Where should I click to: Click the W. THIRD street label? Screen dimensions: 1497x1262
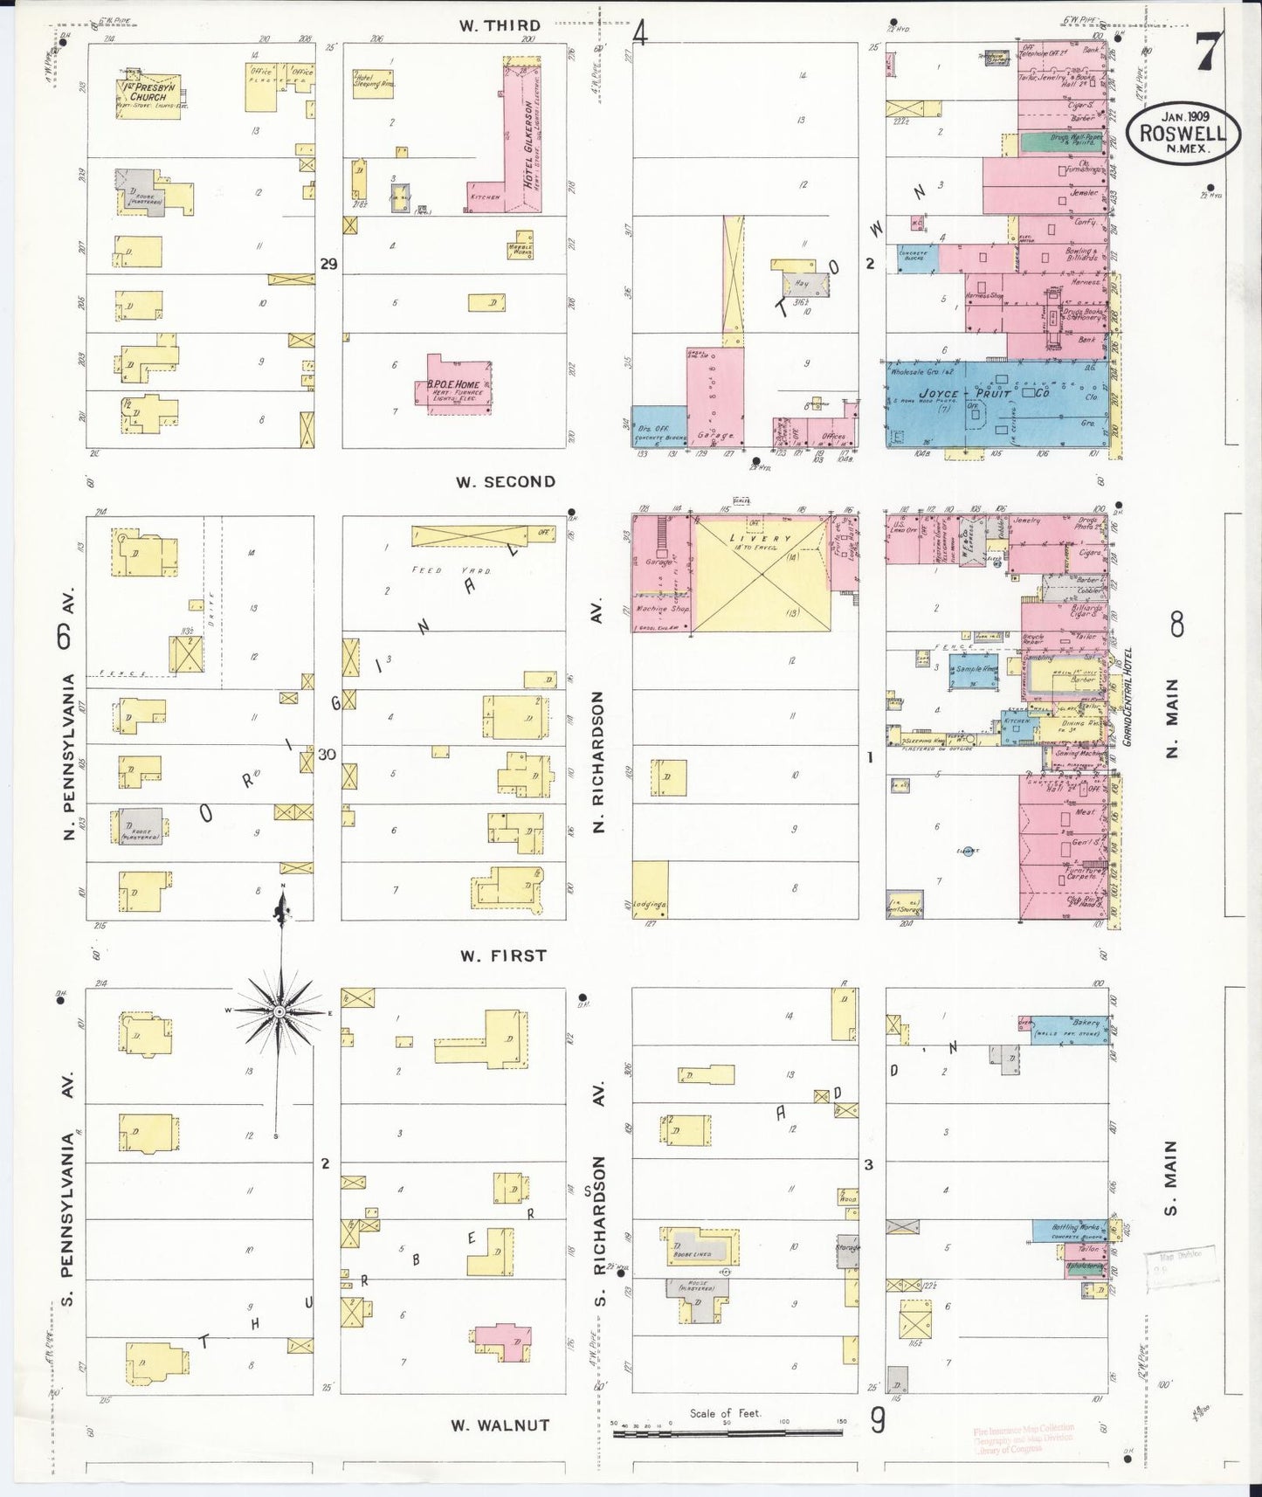click(x=500, y=25)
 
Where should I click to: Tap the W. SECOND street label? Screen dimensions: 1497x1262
click(x=507, y=481)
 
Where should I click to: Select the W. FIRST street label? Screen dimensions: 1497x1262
click(x=504, y=955)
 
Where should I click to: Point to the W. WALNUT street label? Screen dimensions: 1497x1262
click(x=500, y=1425)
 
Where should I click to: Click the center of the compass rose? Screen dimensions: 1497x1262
click(x=279, y=1011)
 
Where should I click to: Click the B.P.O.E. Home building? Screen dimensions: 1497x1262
click(x=460, y=384)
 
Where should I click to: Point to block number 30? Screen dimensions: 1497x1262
click(x=327, y=755)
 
